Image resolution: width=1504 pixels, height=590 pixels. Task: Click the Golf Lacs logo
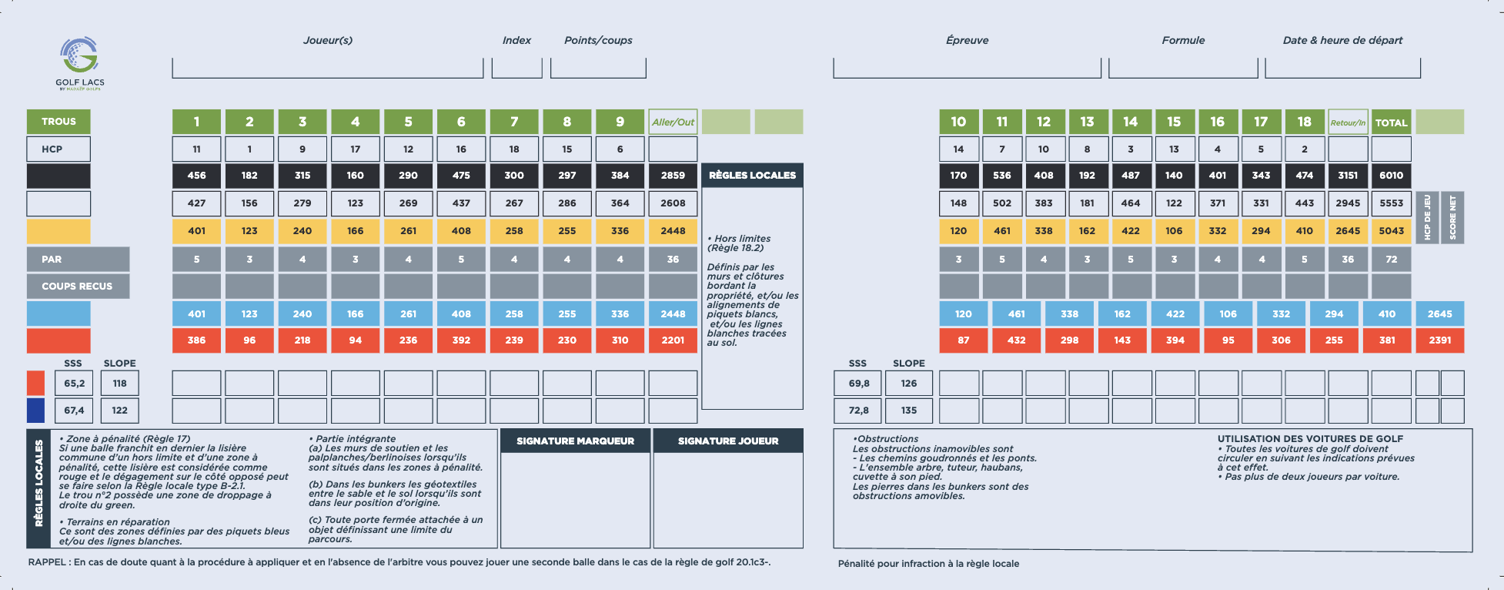[80, 63]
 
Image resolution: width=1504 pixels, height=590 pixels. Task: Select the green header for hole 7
[514, 122]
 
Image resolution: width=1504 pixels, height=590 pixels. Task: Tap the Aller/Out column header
[673, 122]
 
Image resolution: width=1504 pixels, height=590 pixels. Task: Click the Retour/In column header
[1348, 122]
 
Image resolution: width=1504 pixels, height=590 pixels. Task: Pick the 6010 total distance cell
[1391, 176]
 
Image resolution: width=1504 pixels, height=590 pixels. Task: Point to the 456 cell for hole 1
[196, 176]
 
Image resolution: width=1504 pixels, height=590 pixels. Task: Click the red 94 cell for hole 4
[355, 340]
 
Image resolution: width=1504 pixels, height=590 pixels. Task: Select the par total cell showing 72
[1391, 260]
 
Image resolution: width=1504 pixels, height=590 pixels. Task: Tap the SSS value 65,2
[75, 384]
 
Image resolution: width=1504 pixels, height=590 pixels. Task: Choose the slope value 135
[909, 411]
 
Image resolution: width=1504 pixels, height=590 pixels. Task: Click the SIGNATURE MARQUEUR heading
[575, 441]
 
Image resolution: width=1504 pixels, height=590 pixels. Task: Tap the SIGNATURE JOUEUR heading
[728, 441]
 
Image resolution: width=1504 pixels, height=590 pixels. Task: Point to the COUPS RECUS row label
[77, 287]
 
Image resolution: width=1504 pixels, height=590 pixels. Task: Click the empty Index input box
[516, 68]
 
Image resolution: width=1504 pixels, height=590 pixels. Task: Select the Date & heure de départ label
[1342, 40]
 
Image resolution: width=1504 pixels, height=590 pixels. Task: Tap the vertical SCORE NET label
[1453, 218]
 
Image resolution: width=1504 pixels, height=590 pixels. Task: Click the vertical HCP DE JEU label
[1428, 218]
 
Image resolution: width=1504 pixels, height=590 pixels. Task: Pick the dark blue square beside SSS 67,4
[35, 411]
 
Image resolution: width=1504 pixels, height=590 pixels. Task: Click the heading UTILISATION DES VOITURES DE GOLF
[1310, 439]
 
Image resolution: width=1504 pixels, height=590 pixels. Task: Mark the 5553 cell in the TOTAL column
[1391, 203]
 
